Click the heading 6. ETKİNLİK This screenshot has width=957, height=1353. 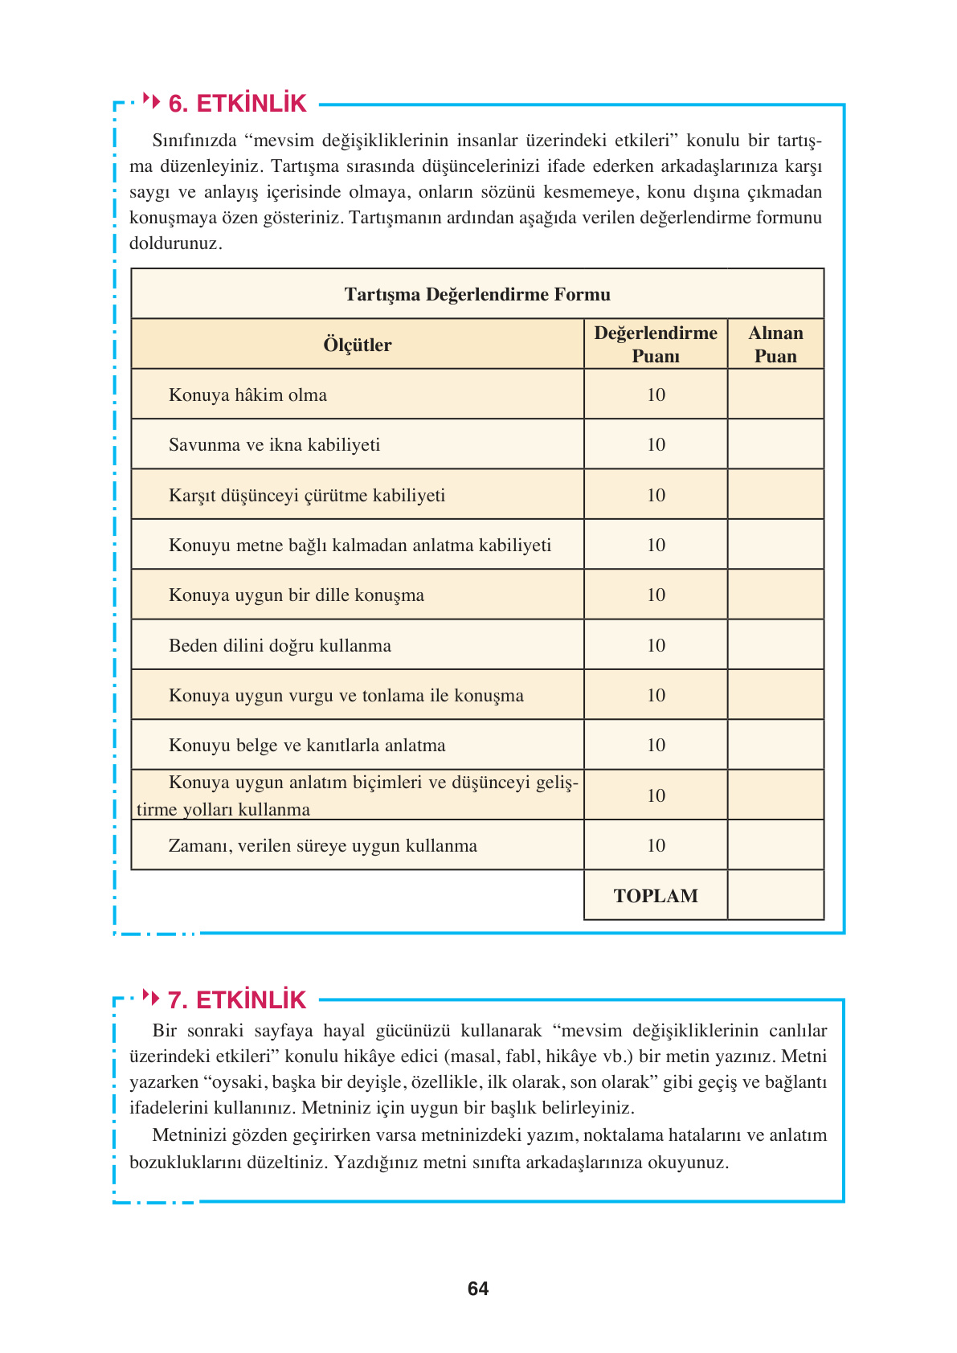pos(237,104)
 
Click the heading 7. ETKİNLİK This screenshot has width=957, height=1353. pos(237,1000)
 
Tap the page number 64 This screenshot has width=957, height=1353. pos(478,1289)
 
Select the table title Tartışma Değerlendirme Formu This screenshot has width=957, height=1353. pos(477,294)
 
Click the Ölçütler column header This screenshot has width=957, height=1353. pos(358,345)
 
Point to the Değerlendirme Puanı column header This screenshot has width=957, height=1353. pos(656,345)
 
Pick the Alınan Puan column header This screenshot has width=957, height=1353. pos(775,345)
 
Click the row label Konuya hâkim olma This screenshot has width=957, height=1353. pos(247,395)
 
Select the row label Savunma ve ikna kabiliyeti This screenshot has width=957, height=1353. pos(274,445)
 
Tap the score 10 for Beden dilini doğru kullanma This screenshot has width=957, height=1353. pos(656,646)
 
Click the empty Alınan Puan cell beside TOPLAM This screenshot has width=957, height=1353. pos(775,895)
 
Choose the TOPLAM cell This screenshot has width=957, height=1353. pos(656,896)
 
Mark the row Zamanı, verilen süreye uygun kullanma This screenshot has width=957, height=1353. pos(322,846)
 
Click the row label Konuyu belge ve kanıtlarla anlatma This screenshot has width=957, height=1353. pos(307,746)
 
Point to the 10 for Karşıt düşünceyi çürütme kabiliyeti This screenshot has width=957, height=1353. pos(656,496)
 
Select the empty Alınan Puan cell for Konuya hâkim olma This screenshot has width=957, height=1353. pos(775,394)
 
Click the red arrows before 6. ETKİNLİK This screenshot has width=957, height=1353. pos(151,101)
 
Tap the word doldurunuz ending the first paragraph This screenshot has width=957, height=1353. pos(175,243)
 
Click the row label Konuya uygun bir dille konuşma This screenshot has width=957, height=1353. pos(296,595)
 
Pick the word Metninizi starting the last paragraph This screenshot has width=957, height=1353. pos(190,1135)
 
